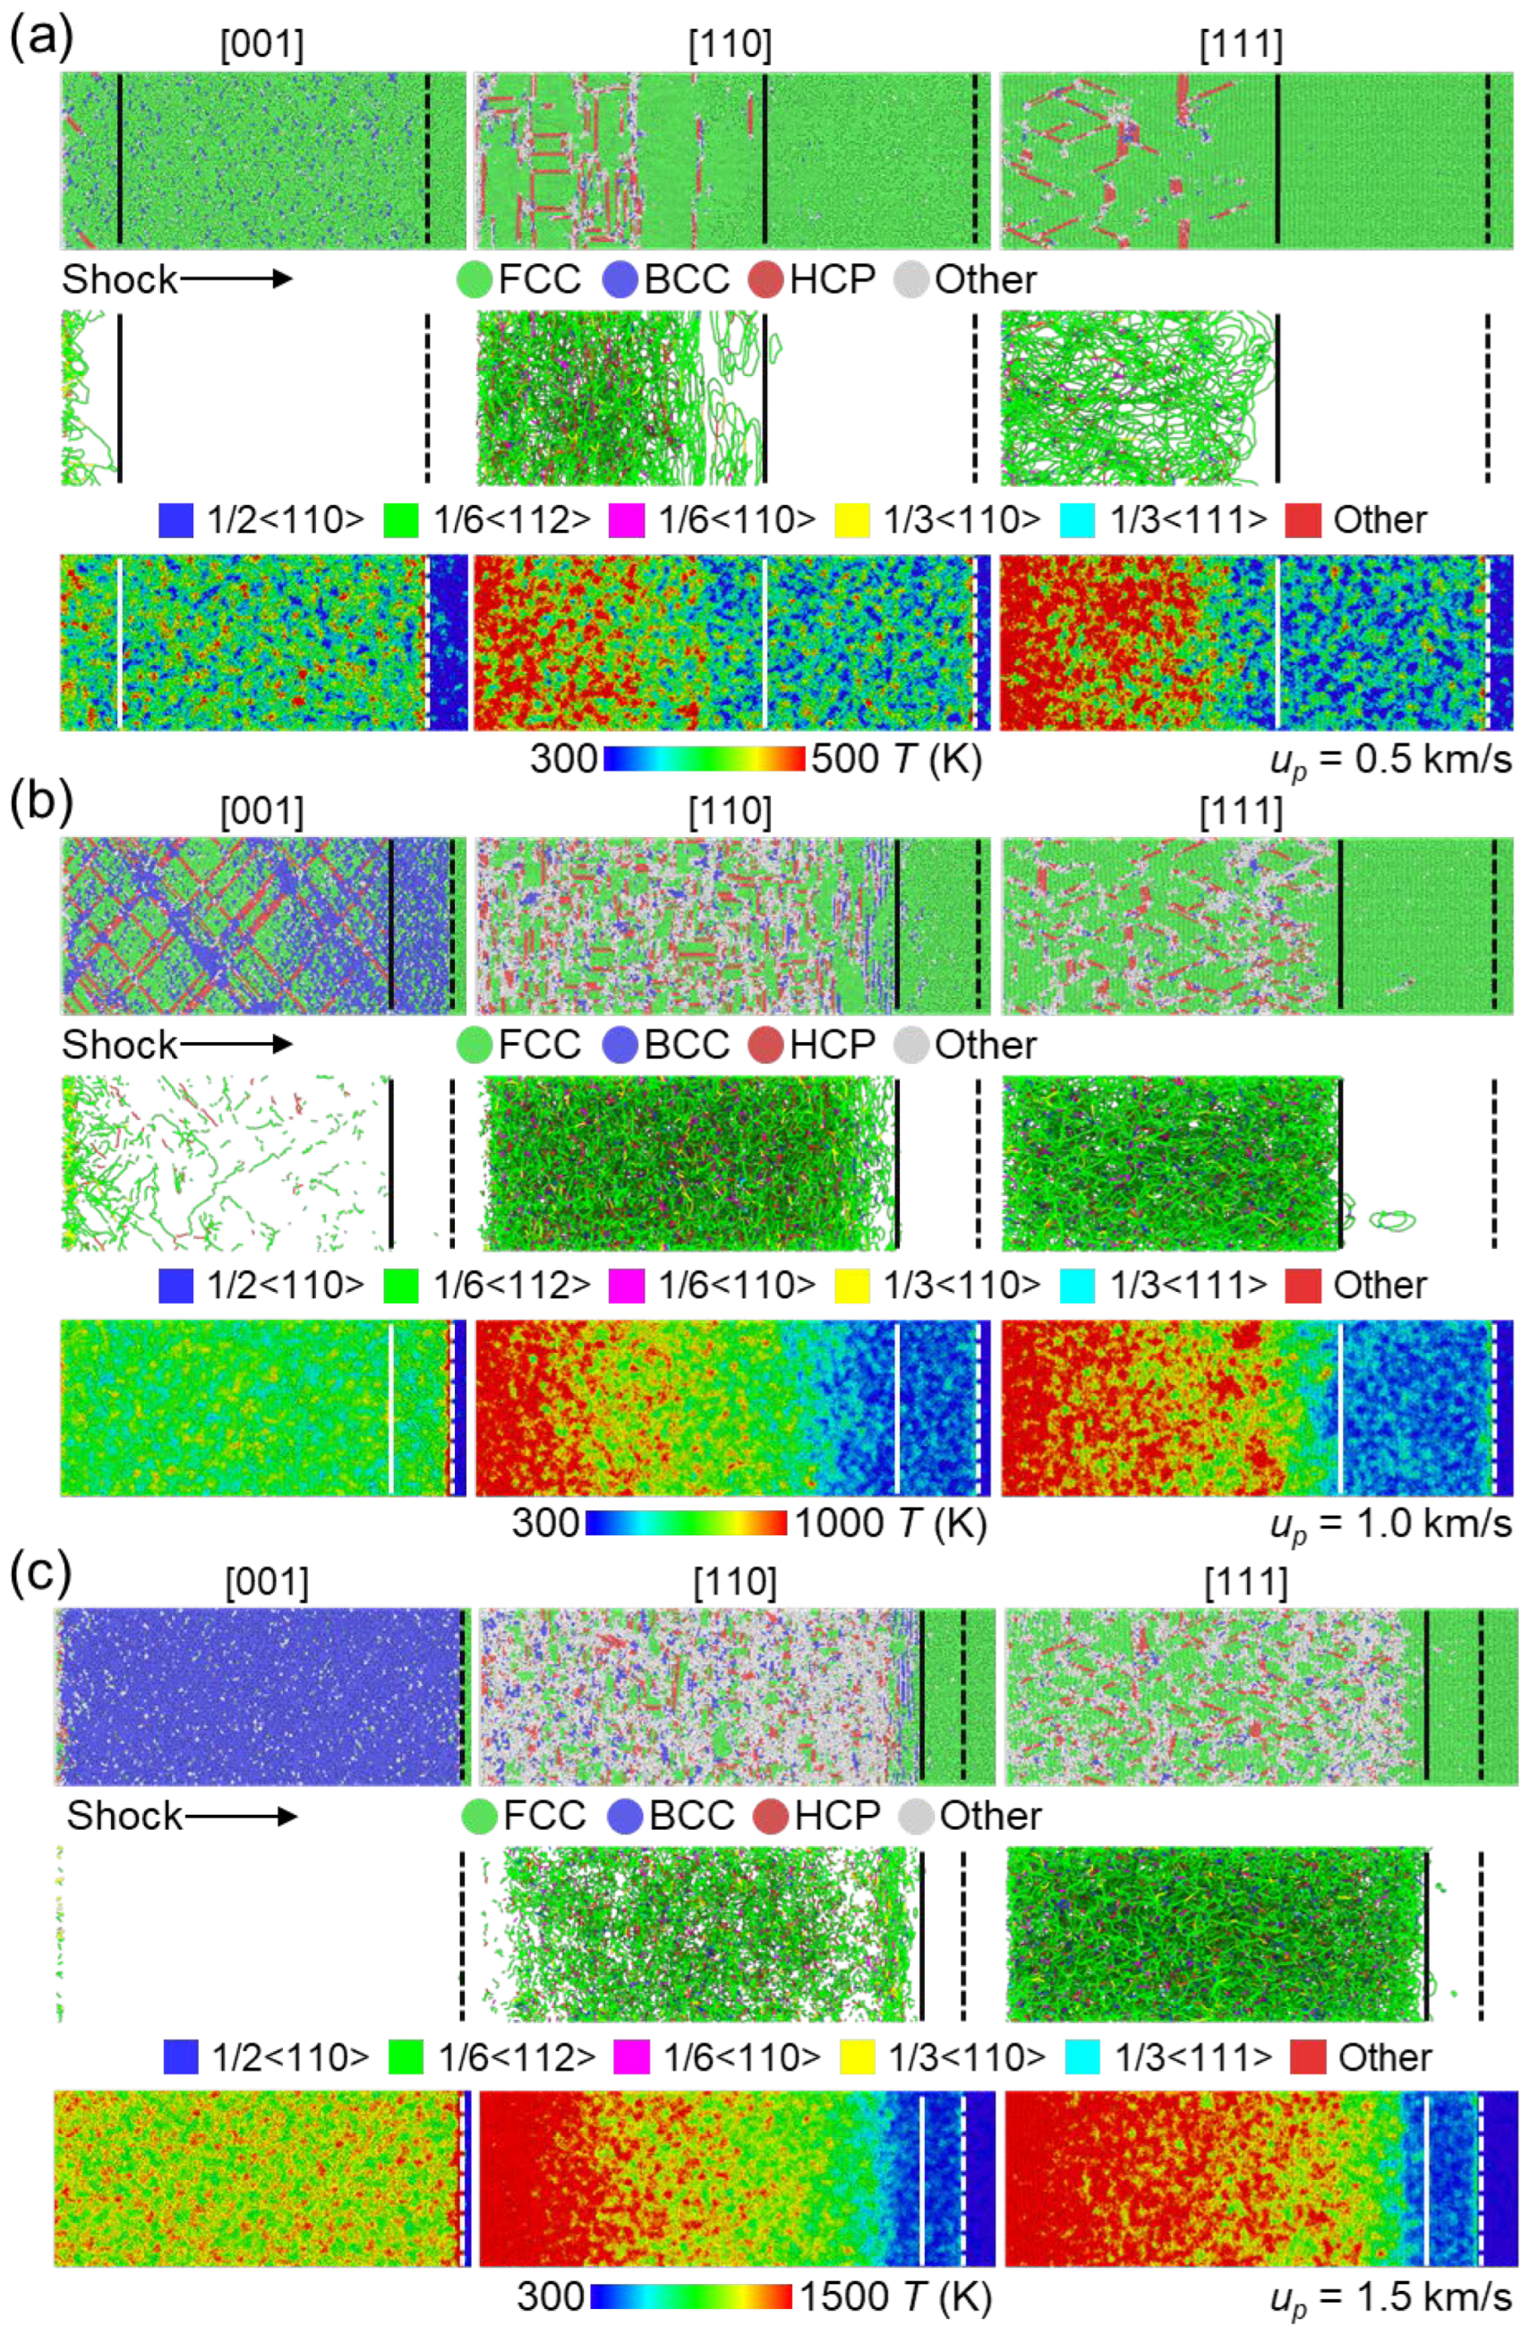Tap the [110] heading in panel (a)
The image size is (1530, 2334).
pyautogui.click(x=730, y=45)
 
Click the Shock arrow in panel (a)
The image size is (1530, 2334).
pyautogui.click(x=235, y=280)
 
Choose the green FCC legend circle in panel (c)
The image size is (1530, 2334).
pyautogui.click(x=480, y=1817)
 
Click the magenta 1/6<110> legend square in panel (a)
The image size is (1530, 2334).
pyautogui.click(x=628, y=521)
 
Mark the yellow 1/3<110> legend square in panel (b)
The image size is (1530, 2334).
pyautogui.click(x=852, y=1286)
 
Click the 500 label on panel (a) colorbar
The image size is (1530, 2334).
pyautogui.click(x=843, y=759)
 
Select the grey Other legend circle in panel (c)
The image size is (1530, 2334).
pyautogui.click(x=916, y=1817)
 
